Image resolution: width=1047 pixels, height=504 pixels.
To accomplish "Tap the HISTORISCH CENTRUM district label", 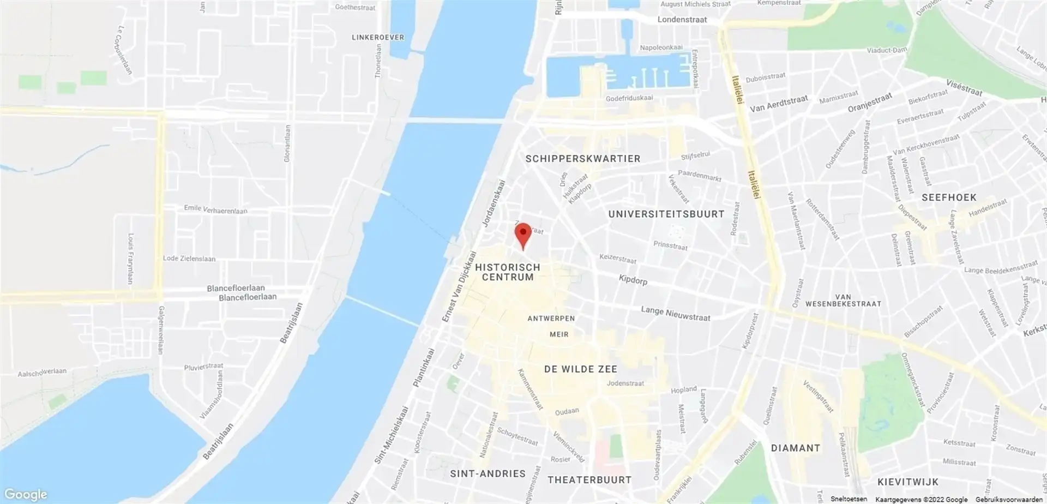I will (508, 272).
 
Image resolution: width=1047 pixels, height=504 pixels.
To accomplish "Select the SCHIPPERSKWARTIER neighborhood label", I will (582, 159).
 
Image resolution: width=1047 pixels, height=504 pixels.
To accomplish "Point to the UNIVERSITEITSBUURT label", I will (666, 214).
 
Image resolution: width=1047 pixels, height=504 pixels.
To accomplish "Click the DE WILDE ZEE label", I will (580, 369).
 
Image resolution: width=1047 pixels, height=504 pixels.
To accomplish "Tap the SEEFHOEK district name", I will (949, 197).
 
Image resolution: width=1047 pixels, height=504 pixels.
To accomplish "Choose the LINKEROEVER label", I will (378, 38).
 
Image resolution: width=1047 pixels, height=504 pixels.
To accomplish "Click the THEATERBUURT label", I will (589, 480).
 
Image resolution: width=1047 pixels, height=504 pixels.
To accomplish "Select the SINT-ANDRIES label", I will (488, 473).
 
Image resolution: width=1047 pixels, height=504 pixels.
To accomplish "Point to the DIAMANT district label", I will (796, 448).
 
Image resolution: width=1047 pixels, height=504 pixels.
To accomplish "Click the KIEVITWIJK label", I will (908, 482).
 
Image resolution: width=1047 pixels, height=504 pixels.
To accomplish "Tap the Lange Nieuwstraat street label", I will (675, 313).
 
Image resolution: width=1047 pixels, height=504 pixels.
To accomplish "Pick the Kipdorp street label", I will (633, 280).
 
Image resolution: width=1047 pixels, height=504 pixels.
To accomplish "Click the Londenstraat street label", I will (682, 20).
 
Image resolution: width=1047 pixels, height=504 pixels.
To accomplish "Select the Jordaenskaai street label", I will (494, 203).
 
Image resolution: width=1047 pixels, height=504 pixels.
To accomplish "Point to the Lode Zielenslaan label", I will (189, 259).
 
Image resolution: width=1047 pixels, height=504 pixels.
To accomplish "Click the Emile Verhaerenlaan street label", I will (215, 209).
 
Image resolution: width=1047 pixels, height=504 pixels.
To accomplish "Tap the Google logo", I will (25, 494).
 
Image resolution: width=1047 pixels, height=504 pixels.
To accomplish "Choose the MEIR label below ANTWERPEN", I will (559, 334).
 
